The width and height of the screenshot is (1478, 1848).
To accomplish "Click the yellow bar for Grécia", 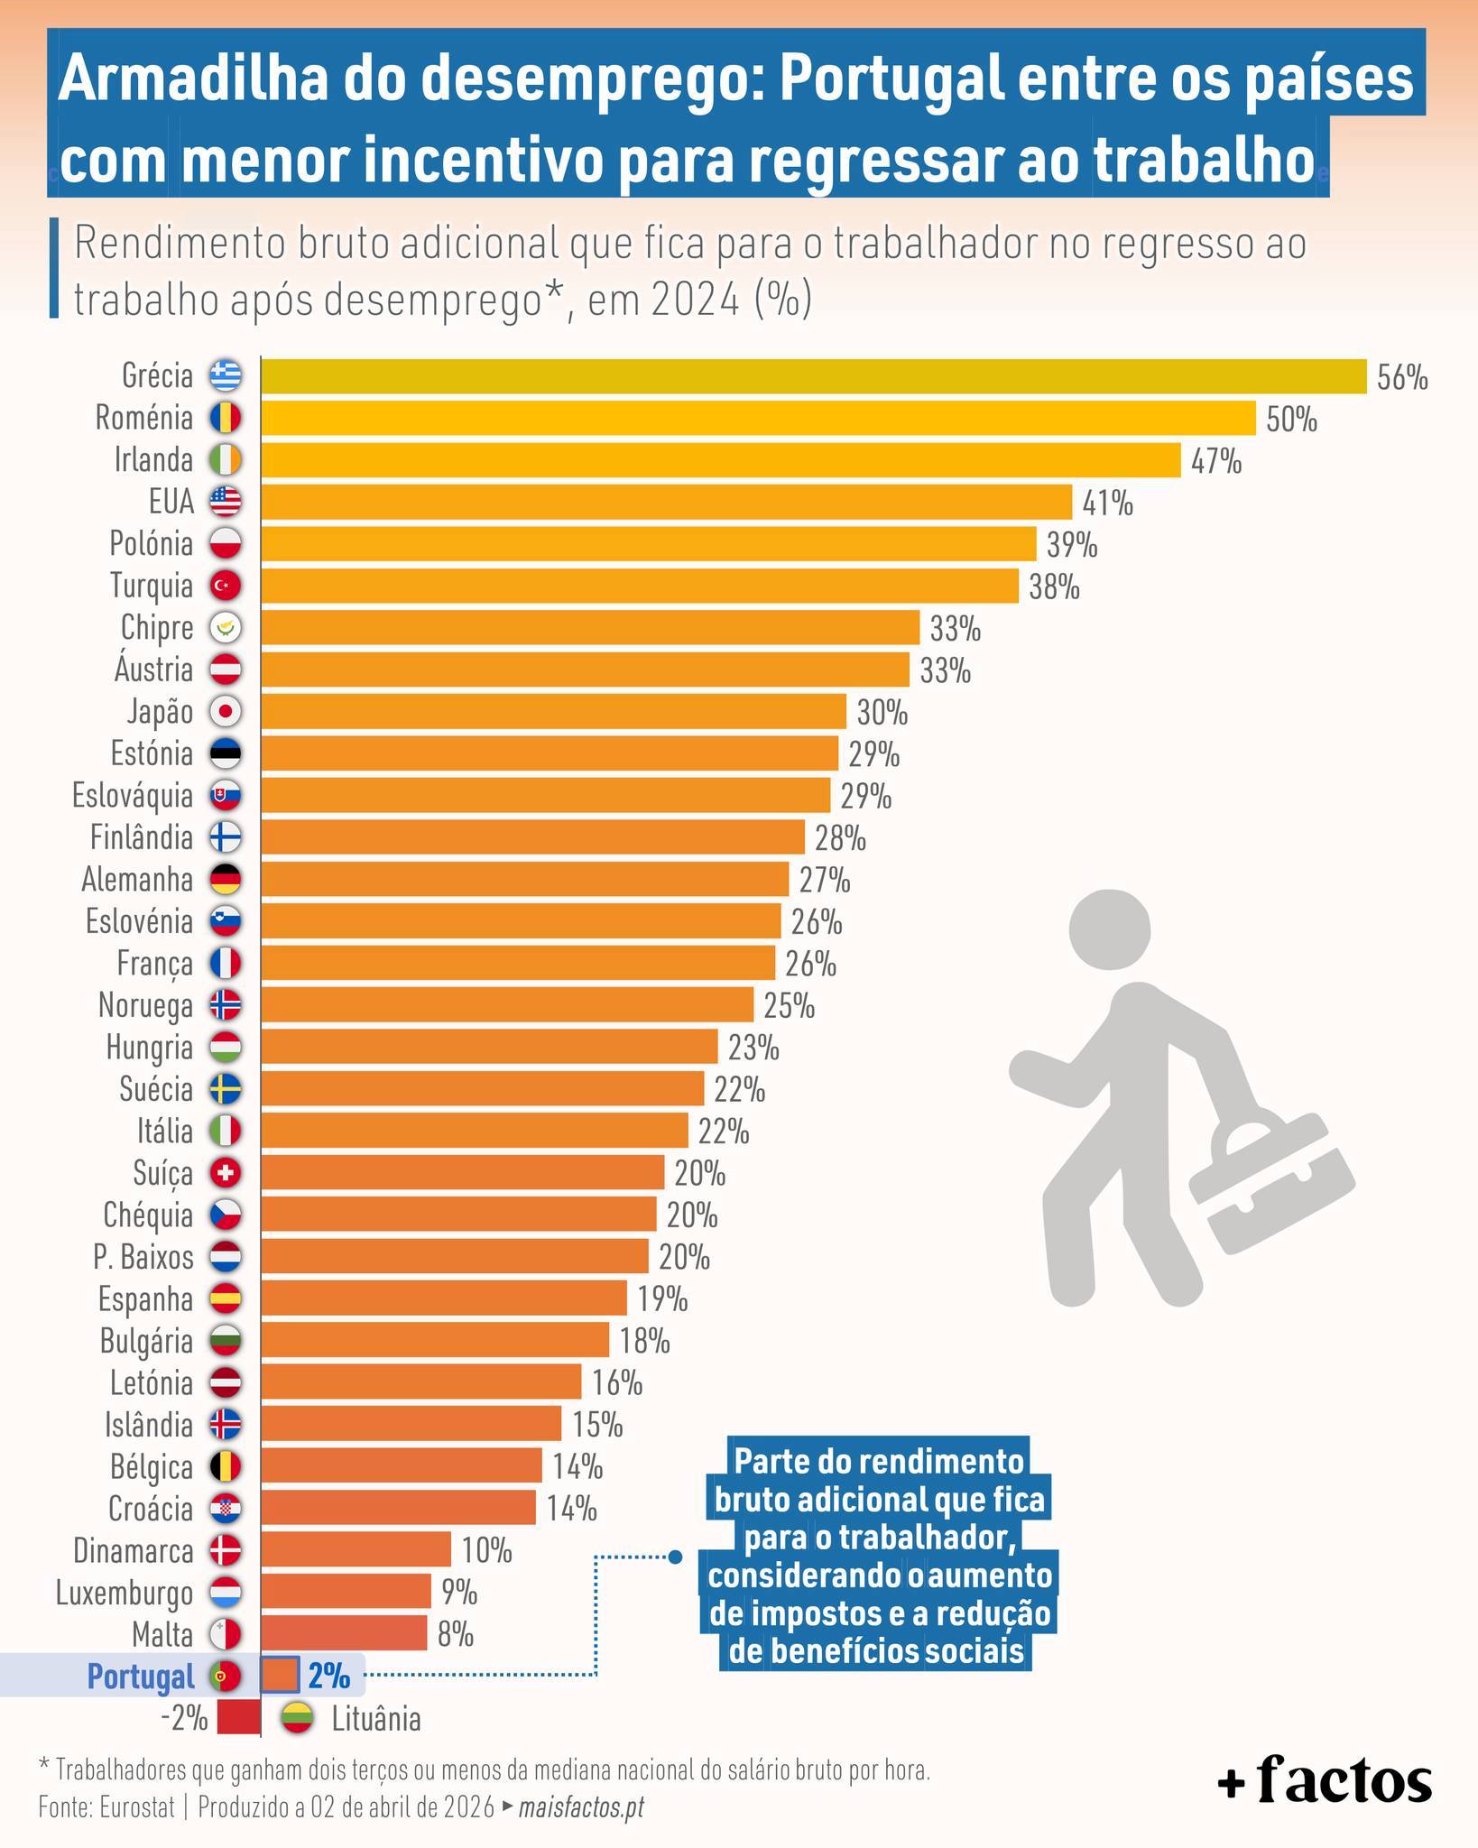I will [812, 376].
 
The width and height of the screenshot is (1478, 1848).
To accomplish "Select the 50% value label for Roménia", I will [1291, 420].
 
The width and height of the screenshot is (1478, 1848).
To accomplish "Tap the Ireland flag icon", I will [226, 460].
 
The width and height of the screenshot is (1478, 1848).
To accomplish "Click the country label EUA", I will [171, 502].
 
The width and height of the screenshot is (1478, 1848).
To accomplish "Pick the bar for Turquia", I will [639, 586].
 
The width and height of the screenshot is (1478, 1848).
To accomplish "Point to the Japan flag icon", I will [226, 712].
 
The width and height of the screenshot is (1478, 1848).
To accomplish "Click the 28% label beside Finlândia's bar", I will [840, 839].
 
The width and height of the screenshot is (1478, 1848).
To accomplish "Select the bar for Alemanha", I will [524, 879].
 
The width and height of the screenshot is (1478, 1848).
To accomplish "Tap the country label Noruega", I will [145, 1005].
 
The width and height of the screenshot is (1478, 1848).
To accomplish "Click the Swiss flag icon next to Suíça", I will [226, 1173].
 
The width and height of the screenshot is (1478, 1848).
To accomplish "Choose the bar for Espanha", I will [443, 1298].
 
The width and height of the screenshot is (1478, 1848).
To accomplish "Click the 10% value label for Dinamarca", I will [486, 1551].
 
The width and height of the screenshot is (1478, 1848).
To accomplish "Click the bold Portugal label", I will [141, 1677].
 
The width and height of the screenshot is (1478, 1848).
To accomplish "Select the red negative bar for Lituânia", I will [238, 1718].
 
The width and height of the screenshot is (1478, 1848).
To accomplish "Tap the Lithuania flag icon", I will [298, 1718].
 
